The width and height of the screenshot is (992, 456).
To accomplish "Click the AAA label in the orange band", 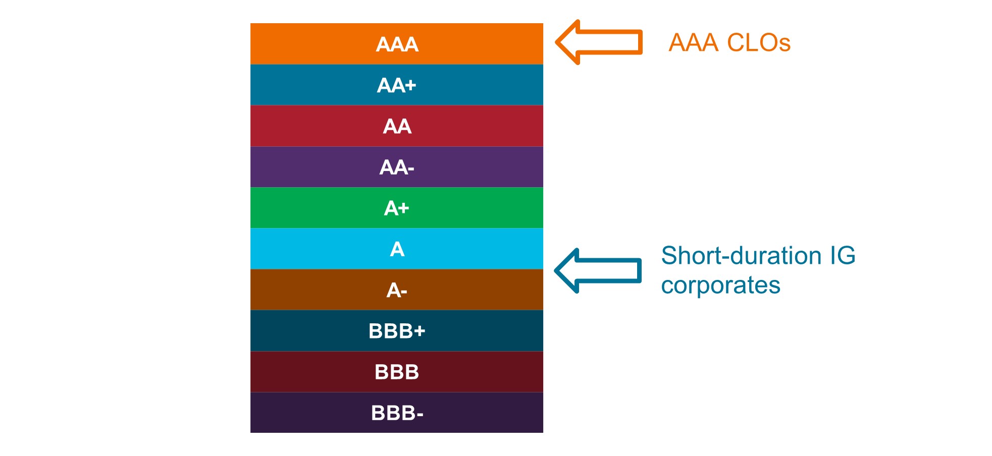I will (397, 44).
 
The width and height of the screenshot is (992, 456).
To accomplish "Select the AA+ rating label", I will (397, 85).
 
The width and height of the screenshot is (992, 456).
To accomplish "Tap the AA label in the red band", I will (397, 126).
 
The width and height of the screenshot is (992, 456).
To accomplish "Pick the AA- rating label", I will (397, 167).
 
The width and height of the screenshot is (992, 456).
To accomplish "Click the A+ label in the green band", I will (397, 208).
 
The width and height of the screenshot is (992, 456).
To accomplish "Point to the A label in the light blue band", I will (397, 249).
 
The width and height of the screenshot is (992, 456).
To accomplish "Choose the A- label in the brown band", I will (397, 290).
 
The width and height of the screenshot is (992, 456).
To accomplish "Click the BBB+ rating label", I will (397, 331).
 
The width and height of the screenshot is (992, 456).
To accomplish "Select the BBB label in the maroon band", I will (397, 372).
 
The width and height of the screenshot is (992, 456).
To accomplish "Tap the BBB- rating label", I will (397, 413).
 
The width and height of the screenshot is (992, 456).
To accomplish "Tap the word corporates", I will (720, 286).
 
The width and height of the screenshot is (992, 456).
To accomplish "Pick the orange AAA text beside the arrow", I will (693, 43).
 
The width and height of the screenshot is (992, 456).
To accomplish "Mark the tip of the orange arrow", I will (557, 42).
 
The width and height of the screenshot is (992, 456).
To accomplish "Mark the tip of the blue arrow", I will (556, 271).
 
